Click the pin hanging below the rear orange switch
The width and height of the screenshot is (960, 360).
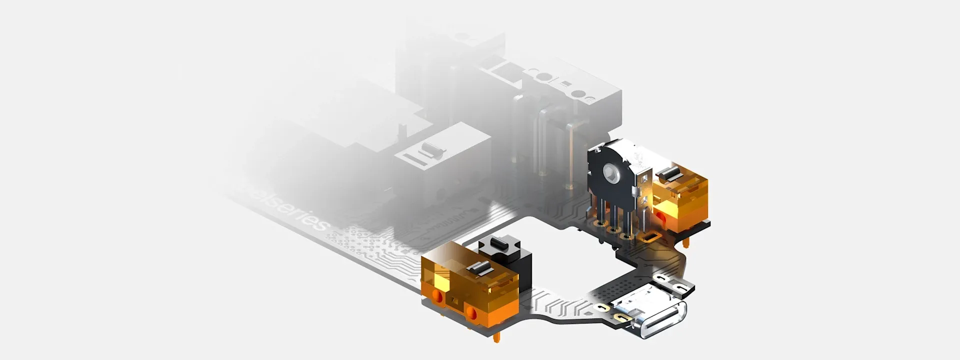686,243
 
